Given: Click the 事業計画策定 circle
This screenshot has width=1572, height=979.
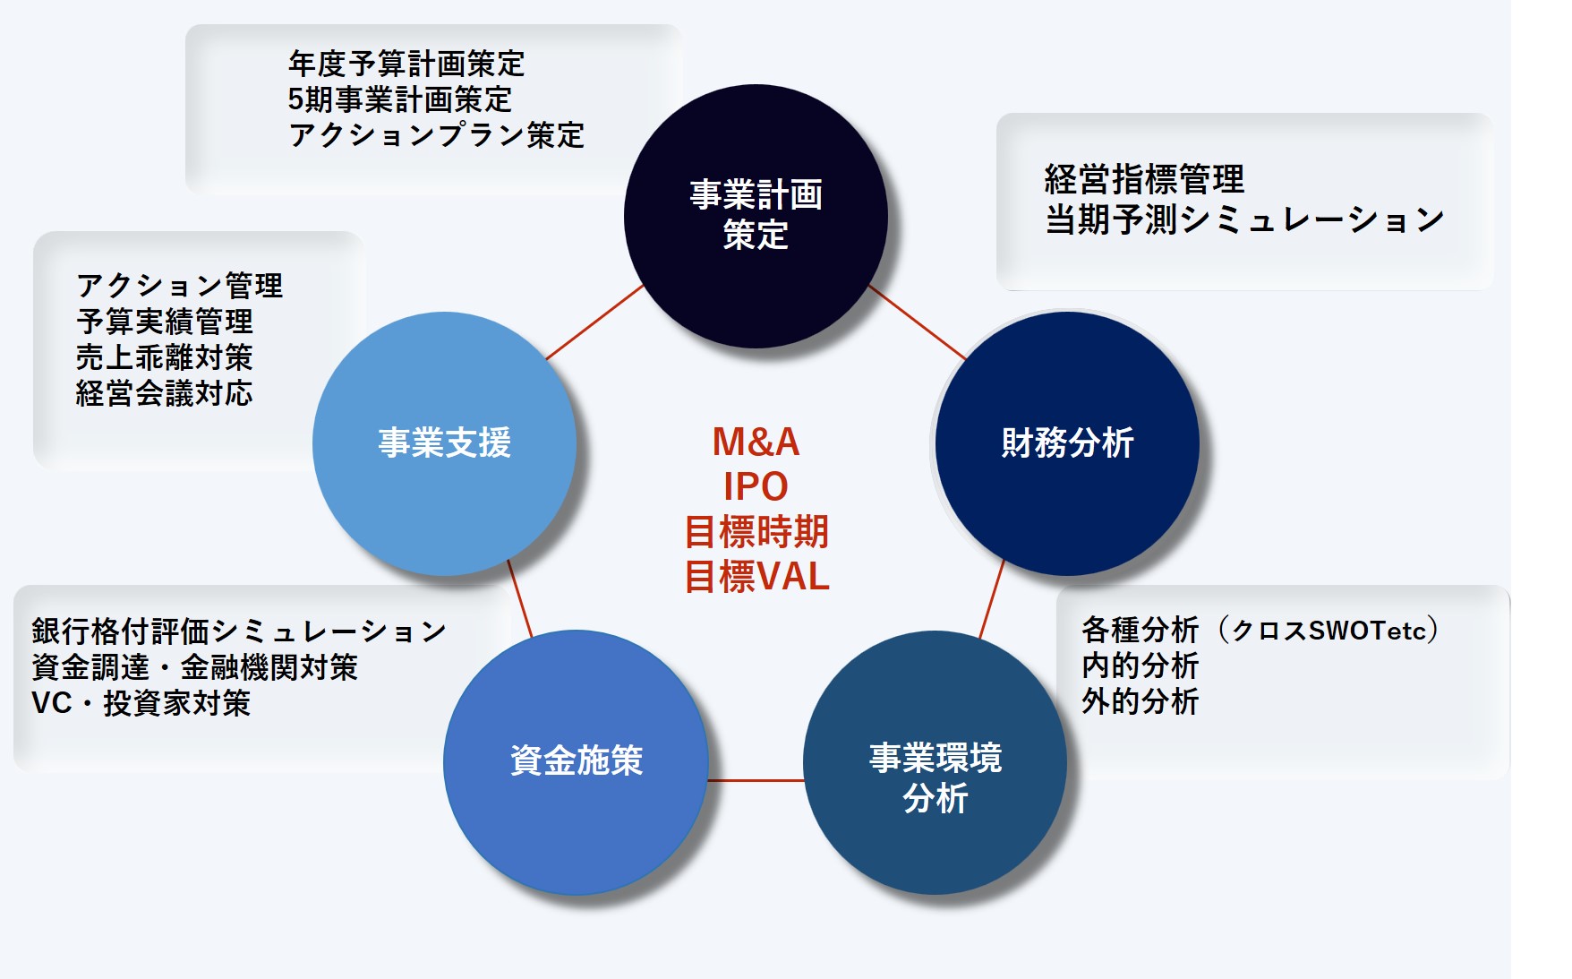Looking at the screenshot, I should [x=756, y=216].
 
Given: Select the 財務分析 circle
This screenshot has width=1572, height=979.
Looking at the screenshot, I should [x=1067, y=442].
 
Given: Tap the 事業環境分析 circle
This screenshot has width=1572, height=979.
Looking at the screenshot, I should [x=936, y=762].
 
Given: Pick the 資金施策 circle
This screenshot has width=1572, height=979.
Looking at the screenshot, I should [x=576, y=761].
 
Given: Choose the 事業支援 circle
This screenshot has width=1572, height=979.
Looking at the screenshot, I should [x=444, y=442].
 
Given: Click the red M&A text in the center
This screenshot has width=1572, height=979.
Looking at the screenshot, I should [x=756, y=442].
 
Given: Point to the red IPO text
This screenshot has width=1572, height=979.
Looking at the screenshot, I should [x=756, y=486].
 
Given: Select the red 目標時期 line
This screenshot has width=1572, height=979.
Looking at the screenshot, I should [x=756, y=532].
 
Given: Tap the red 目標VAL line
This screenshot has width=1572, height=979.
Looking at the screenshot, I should [x=756, y=577].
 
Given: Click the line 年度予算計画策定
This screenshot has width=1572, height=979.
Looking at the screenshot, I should [x=406, y=64].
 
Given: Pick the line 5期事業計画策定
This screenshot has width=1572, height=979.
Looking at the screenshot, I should [x=399, y=99].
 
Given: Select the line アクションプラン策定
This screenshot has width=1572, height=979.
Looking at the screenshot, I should [x=436, y=135].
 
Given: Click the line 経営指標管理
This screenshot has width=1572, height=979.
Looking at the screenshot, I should [x=1143, y=179].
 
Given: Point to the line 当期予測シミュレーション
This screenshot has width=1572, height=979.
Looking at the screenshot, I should [x=1244, y=219].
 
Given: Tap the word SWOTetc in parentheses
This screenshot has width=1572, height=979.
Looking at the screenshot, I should [x=1366, y=631].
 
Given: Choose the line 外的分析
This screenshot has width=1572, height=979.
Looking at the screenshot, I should [x=1140, y=701].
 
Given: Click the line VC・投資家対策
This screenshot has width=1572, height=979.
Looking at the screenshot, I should [x=141, y=703].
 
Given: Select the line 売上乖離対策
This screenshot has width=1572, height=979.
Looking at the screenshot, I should [x=164, y=357].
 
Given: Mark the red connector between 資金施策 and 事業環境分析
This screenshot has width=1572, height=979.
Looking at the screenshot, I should [x=756, y=780].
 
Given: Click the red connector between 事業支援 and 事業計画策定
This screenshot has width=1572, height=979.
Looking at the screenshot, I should [x=594, y=322].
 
